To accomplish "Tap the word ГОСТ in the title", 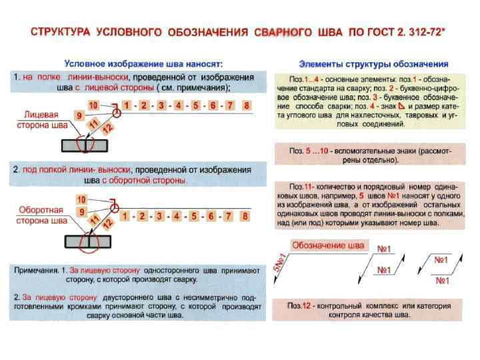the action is click(x=381, y=31).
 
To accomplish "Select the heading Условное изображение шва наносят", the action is click(x=143, y=63).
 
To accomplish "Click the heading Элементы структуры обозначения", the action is click(x=373, y=63).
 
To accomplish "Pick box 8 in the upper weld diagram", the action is click(x=247, y=106).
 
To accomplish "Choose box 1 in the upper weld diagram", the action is click(x=126, y=106).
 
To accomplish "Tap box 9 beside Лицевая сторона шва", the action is click(x=80, y=115).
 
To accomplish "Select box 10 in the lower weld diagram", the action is click(x=81, y=199).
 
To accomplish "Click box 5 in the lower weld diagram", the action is click(x=193, y=216).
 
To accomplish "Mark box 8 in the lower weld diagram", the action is click(x=246, y=216).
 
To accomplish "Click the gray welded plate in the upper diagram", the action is click(x=84, y=145).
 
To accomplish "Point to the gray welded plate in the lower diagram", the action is click(x=84, y=241).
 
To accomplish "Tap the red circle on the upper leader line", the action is click(x=117, y=114).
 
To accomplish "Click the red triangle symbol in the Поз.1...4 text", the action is click(x=401, y=107).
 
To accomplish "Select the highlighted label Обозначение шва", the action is click(x=329, y=245).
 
